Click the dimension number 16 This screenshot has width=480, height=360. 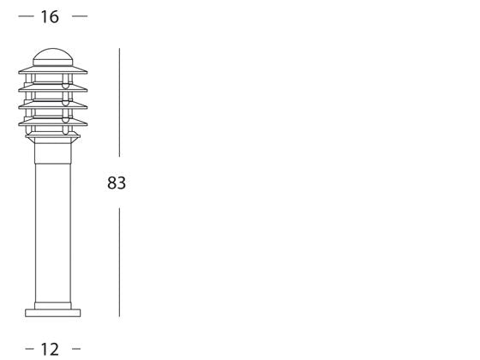pos(50,17)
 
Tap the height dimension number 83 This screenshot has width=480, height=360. pos(117,183)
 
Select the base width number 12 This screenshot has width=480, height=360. pos(50,349)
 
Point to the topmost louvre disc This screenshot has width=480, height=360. pos(53,70)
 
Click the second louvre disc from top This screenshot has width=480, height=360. pos(53,88)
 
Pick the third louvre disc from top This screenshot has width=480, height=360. pos(53,105)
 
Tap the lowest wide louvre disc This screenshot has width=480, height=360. pos(53,122)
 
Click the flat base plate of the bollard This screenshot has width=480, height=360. pos(53,313)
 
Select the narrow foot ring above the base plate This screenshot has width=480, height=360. pos(53,305)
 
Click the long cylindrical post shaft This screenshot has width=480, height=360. pos(53,232)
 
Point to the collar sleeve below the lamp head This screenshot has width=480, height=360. pos(53,153)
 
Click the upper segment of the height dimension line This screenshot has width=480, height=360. pos(119,102)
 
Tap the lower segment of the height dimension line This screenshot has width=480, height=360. pos(119,262)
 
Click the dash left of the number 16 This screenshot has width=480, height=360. pos(26,16)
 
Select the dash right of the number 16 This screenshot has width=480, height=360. pos(80,16)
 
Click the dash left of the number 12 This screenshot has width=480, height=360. pos(30,349)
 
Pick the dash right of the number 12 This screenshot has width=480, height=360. pos(76,349)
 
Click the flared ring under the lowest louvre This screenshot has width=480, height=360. pos(53,137)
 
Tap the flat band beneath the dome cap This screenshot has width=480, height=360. pos(53,63)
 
